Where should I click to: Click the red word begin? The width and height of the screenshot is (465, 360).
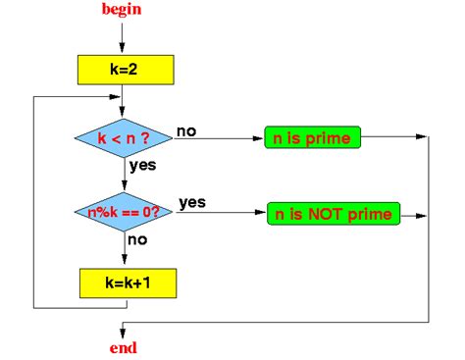[123, 9]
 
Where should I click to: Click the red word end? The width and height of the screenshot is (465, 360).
[124, 347]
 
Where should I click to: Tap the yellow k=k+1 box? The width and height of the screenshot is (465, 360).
[125, 283]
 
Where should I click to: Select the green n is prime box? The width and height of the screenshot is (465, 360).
[313, 138]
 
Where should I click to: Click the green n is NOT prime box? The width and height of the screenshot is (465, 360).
[333, 213]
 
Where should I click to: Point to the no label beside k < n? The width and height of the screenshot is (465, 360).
[185, 130]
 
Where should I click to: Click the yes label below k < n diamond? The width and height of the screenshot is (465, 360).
[142, 166]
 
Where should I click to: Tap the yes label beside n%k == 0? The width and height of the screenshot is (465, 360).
[191, 203]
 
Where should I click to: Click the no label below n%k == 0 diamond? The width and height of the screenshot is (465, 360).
[138, 239]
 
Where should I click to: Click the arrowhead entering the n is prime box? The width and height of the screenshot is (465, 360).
[259, 138]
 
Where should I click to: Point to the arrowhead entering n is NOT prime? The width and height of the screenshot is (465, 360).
[261, 213]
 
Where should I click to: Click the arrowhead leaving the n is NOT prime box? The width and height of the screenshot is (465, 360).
[425, 213]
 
